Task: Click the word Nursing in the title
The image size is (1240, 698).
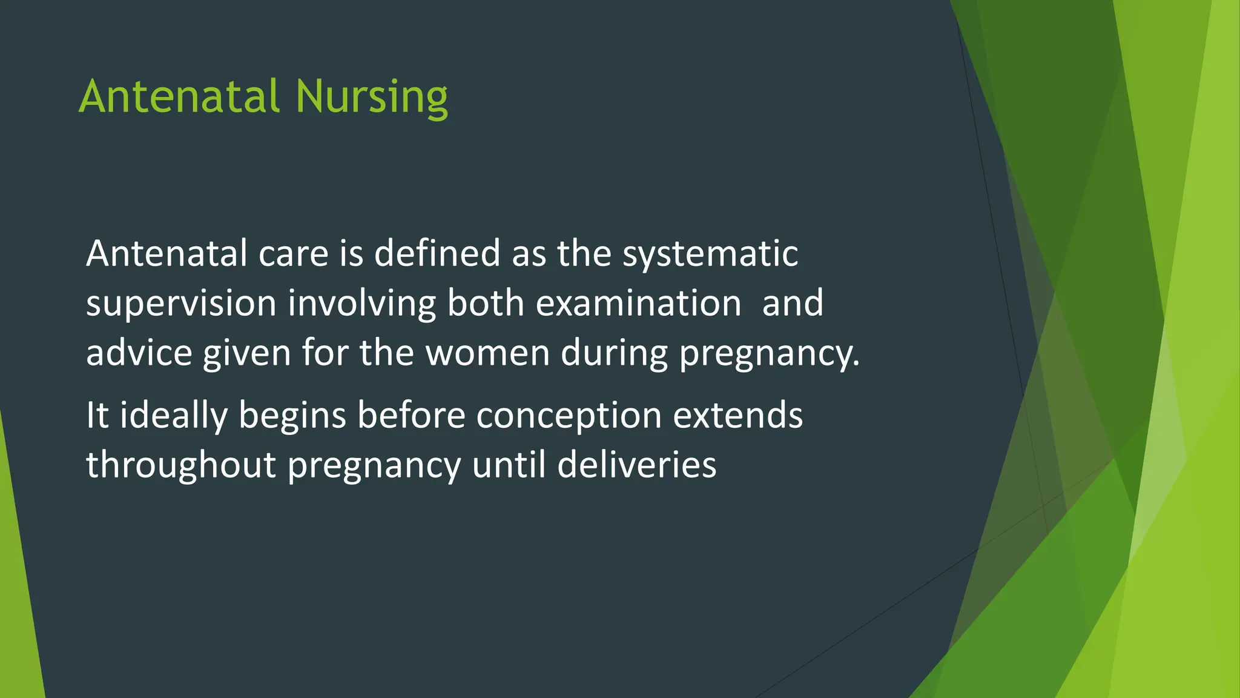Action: tap(372, 97)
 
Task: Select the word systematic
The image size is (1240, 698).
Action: tap(710, 254)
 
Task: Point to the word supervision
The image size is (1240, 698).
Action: tap(181, 304)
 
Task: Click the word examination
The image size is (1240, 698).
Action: tap(638, 304)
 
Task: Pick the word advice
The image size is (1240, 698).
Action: tap(139, 353)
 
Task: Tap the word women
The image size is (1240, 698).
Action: tap(487, 353)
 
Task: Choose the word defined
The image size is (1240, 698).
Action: tap(437, 254)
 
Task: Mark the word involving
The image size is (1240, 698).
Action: tap(361, 304)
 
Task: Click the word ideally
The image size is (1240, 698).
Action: tap(173, 416)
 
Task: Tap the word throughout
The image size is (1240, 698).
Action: tap(181, 466)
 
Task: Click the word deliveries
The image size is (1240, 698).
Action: tap(636, 466)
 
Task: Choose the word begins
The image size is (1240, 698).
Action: tap(292, 416)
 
